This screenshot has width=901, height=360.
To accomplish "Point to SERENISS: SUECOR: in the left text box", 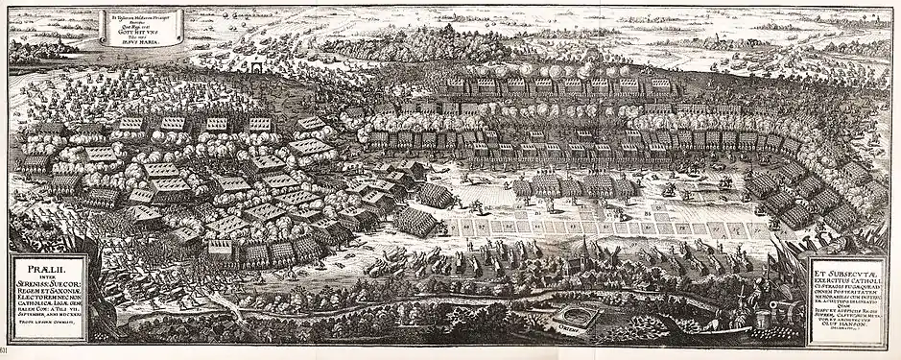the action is (45, 281).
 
